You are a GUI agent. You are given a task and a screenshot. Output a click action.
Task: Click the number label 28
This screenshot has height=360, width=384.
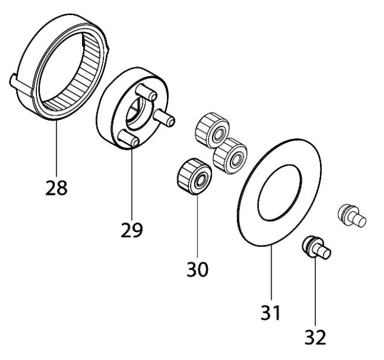57,188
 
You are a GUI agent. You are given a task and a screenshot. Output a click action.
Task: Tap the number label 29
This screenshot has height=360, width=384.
132,230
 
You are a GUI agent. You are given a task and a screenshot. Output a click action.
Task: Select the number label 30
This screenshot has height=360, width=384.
197,269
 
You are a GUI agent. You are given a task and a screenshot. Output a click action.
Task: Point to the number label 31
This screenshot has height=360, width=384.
270,313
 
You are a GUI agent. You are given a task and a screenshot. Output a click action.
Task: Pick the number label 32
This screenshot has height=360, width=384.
315,337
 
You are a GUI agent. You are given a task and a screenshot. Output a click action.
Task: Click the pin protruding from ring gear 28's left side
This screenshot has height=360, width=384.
21,84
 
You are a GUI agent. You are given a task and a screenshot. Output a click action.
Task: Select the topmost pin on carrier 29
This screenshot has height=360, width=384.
146,92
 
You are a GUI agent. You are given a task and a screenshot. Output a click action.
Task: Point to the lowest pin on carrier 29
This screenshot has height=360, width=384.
129,138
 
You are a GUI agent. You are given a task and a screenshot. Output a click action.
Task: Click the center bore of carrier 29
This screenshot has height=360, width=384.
136,113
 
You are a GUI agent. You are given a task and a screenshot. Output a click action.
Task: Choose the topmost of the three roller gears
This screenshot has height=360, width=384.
212,130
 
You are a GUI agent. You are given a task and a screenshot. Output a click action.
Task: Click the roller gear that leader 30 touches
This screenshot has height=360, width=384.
194,176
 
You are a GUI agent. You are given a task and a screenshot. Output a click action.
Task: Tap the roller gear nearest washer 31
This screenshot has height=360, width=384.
230,156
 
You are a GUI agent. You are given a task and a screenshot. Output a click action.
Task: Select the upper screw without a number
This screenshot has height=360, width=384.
352,215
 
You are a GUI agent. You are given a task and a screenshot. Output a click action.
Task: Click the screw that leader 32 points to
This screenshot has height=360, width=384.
316,247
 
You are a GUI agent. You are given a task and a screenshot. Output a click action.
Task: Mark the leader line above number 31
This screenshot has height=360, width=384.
271,272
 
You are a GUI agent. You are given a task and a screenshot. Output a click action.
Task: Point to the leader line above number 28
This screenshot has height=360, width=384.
57,148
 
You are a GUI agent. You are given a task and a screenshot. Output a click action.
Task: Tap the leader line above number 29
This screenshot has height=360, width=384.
132,183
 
